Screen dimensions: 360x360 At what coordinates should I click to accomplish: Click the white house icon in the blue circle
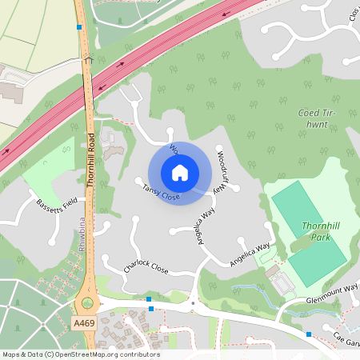[x=180, y=173]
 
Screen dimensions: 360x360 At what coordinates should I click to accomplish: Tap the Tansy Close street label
[x=160, y=192]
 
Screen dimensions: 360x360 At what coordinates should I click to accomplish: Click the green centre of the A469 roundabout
[x=87, y=304]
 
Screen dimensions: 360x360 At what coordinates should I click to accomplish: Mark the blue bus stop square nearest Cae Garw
[x=309, y=334]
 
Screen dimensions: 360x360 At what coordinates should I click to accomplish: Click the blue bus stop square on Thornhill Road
[x=78, y=27]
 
